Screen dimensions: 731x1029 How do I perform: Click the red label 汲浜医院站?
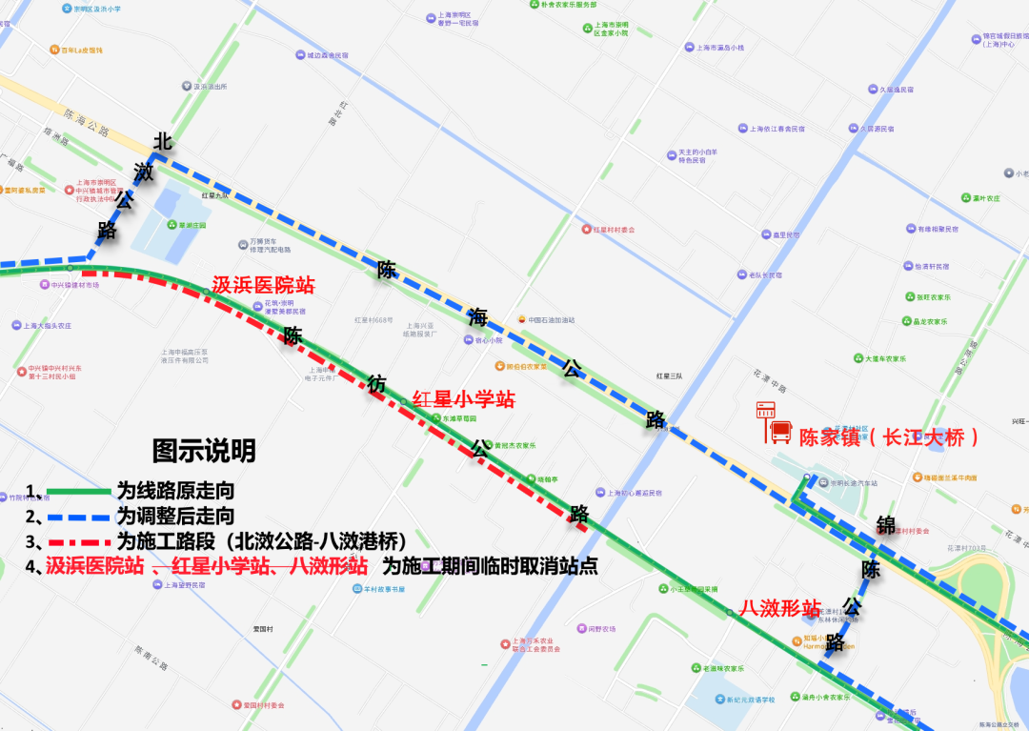[263, 285]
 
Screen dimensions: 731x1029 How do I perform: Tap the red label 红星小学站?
[463, 399]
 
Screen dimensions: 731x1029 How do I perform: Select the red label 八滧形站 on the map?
[781, 608]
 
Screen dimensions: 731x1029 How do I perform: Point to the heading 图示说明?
[204, 450]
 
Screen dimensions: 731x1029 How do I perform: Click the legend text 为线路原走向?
[175, 492]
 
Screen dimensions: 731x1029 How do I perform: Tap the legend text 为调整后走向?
[175, 517]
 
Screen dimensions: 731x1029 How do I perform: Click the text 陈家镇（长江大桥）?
[889, 437]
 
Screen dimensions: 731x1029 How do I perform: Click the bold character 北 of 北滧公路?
[163, 142]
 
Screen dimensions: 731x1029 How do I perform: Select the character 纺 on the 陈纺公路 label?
[377, 383]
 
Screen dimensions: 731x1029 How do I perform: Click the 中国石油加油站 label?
[551, 320]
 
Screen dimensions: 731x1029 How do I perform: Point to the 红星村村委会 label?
[614, 230]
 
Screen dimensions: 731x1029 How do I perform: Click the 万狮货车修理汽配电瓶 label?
[269, 246]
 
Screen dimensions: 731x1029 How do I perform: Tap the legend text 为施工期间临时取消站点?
[490, 566]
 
